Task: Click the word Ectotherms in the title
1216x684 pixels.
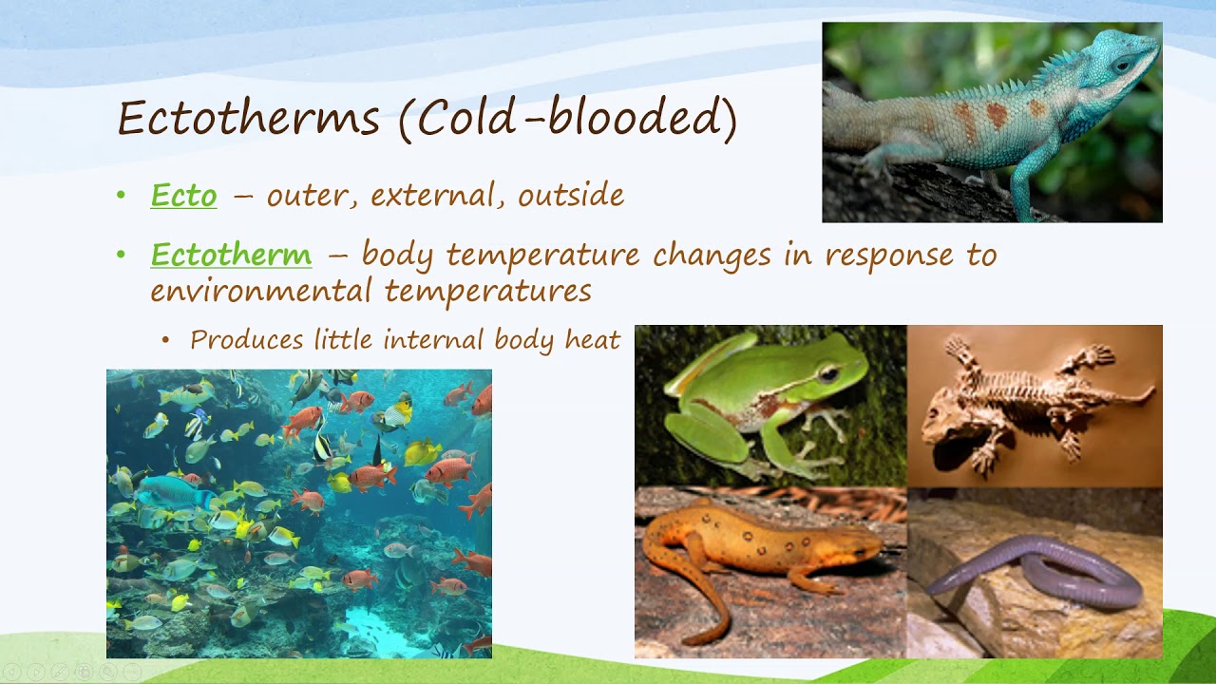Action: [248, 120]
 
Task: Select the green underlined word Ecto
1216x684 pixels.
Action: [183, 196]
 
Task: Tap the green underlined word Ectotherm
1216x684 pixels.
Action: [231, 255]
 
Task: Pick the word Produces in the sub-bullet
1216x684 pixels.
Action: [247, 340]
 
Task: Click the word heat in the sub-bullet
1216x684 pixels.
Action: [593, 340]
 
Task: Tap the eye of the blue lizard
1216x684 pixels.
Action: [1123, 65]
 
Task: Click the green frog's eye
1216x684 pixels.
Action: [828, 373]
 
